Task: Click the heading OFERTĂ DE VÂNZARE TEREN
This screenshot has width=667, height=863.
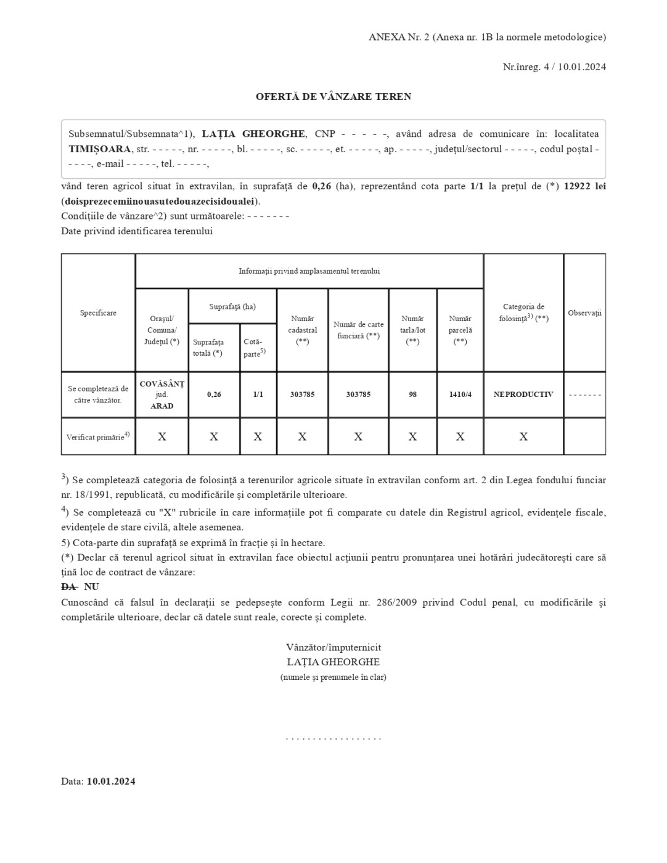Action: coord(333,97)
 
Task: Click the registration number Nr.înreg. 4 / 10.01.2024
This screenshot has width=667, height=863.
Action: coord(554,67)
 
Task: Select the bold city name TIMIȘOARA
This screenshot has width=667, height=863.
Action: coord(99,149)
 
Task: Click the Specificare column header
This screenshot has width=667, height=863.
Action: coord(98,313)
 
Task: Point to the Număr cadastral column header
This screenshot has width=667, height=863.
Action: coord(302,330)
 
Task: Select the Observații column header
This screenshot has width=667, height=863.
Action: coord(584,313)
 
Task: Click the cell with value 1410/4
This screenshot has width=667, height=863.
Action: coord(460,395)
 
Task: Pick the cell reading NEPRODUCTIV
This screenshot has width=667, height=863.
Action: coord(523,395)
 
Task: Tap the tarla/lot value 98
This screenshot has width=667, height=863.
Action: coord(412,395)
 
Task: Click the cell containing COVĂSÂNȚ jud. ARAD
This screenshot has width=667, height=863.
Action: coord(162,395)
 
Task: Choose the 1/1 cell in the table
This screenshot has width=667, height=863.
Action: coord(258,395)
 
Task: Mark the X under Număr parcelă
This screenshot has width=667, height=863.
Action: coord(460,437)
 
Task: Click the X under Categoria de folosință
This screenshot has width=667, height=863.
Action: coord(523,437)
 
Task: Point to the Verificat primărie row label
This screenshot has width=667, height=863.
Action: coord(98,437)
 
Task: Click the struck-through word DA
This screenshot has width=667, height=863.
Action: coord(68,587)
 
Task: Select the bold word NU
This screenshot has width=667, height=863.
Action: coord(91,587)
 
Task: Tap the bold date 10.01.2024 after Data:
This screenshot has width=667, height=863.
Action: coord(111,782)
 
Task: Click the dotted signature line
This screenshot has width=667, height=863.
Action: coord(333,738)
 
